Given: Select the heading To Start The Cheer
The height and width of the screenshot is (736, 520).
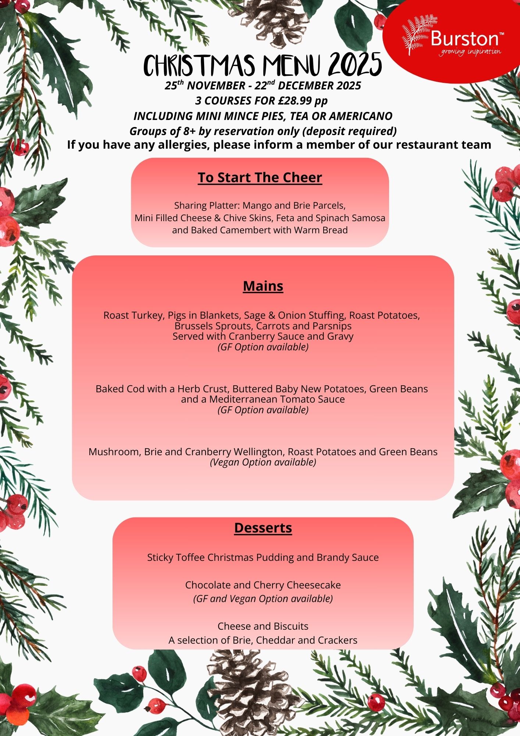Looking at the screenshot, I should tap(260, 177).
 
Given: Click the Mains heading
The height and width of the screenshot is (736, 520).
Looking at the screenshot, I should tap(263, 286).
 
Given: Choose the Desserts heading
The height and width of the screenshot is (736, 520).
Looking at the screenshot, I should tap(263, 528).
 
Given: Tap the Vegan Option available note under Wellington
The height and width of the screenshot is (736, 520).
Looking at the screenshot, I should tap(263, 462).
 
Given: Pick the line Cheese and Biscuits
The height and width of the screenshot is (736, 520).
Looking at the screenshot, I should tap(263, 626).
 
